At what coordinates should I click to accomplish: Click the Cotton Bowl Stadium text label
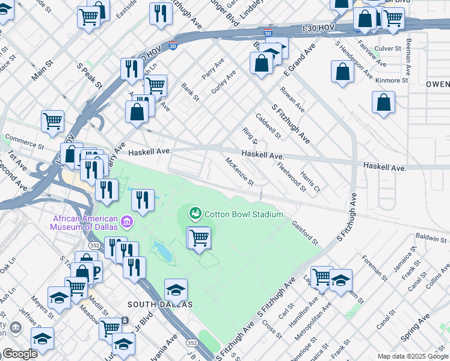coord(244,214)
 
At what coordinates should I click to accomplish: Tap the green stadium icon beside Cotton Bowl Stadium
coord(196,213)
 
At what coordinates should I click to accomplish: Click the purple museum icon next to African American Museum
coord(126,224)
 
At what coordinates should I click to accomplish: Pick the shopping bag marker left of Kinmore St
coord(342,72)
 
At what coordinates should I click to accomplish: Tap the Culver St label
coord(387,48)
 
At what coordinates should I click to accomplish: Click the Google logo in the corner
coord(19,354)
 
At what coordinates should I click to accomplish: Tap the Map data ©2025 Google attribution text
coord(412,356)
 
